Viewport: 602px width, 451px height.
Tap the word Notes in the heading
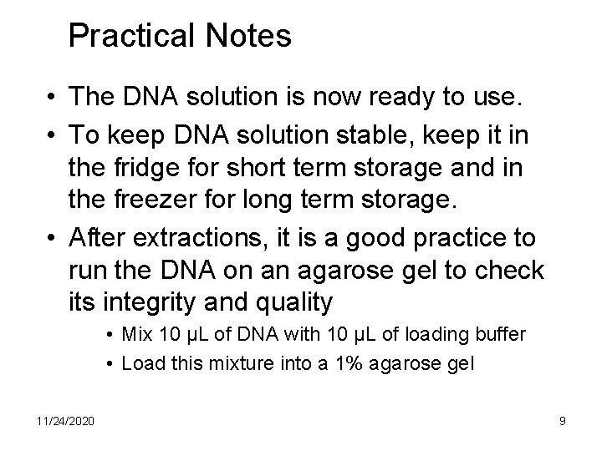(x=249, y=35)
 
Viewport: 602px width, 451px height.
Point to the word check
(x=509, y=271)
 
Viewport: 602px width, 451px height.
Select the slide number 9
(x=562, y=421)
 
